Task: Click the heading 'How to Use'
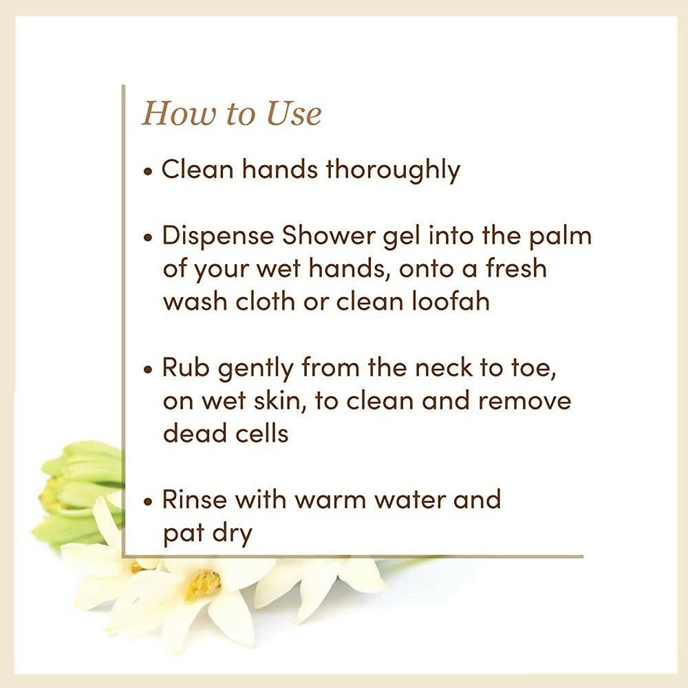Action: pos(231,114)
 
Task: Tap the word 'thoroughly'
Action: pos(393,171)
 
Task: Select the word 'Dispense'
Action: pos(219,237)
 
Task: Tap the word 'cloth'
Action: pos(266,301)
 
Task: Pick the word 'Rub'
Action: pos(186,367)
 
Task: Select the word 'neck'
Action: pos(444,367)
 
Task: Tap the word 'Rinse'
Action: pos(195,499)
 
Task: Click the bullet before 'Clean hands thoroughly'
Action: pos(148,171)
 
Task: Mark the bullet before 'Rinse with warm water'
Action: pos(148,501)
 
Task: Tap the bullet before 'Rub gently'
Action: pos(148,369)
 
